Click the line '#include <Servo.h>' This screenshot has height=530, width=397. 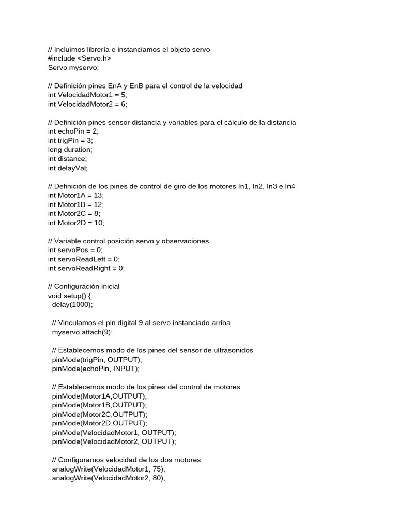pos(80,58)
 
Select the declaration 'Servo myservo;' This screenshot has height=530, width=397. pos(73,67)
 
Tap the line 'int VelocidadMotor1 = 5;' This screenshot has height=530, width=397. pos(87,95)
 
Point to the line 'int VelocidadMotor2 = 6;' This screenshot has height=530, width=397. pos(87,104)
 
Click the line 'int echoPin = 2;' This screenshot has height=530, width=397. pos(73,131)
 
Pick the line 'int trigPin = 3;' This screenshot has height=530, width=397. pos(70,140)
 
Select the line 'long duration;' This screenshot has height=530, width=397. pos(70,150)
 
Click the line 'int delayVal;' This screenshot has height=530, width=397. pos(68,168)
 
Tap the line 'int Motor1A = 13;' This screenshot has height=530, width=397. pos(76,195)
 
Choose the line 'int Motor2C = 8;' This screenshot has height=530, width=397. pos(74,213)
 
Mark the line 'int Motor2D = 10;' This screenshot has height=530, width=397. pos(76,223)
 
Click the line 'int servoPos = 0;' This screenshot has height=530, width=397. pos(75,250)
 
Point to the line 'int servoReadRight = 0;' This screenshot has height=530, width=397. pos(86,268)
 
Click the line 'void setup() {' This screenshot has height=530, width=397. pos(69,296)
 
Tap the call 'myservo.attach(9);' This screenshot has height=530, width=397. pos(82,332)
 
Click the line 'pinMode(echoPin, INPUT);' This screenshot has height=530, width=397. pos(96,369)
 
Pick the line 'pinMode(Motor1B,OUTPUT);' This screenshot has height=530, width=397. pos(99,405)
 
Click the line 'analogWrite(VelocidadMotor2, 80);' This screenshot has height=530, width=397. pos(109,478)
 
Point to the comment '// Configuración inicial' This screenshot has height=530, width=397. pos(83,286)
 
